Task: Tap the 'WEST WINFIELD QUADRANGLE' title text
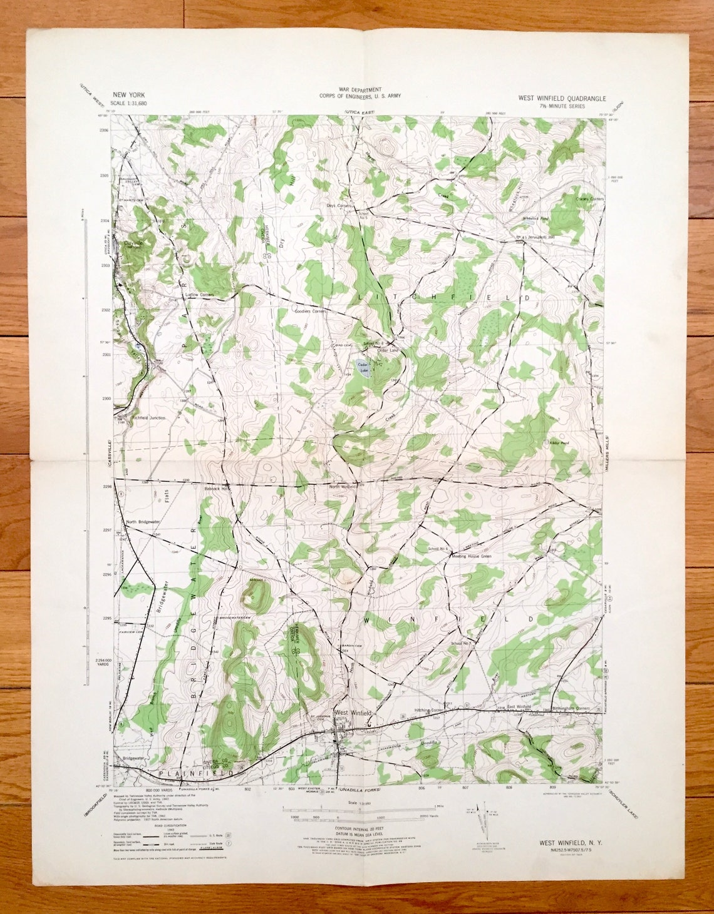[x=561, y=98]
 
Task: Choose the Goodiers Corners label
[x=311, y=311]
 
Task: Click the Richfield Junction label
[x=148, y=417]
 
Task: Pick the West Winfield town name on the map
[x=354, y=713]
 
